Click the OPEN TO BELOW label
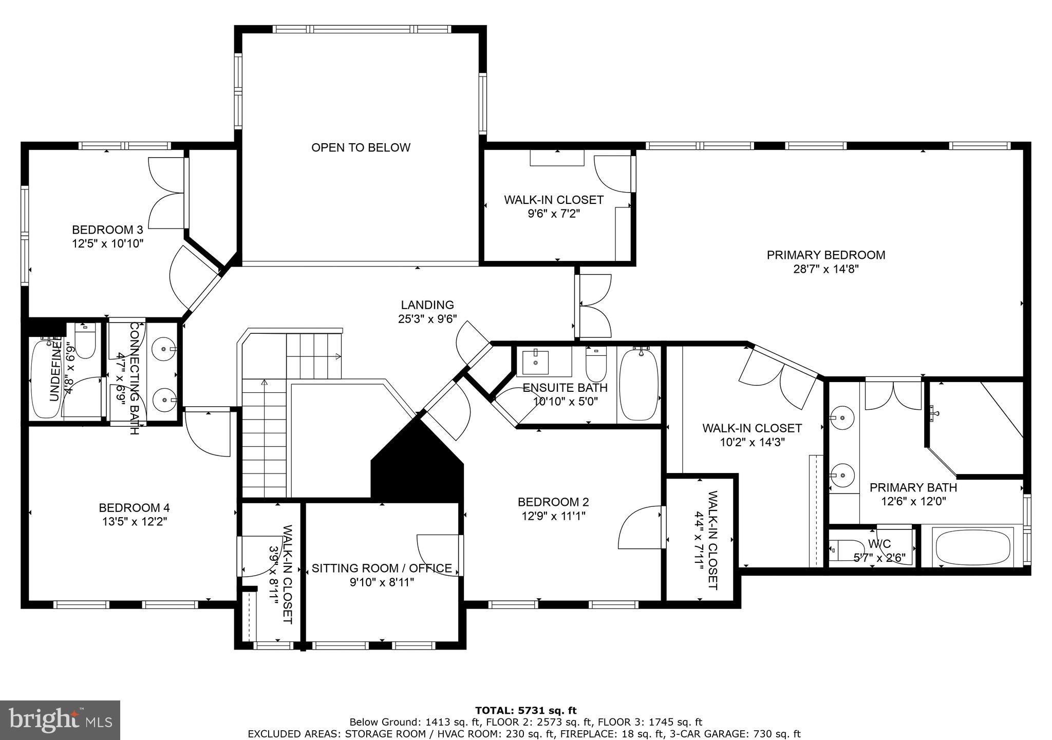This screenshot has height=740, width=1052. click(361, 148)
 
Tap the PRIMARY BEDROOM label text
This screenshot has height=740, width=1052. click(825, 255)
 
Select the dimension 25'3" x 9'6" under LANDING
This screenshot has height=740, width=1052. click(427, 319)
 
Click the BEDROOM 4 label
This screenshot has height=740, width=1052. click(134, 508)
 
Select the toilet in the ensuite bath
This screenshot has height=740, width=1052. click(596, 364)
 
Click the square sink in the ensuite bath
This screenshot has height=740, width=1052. click(535, 362)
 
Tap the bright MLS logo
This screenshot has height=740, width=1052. click(60, 720)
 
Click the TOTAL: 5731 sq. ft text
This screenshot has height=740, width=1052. click(525, 711)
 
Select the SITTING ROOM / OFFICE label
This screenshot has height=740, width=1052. click(382, 568)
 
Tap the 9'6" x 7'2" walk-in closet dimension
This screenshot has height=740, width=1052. click(553, 213)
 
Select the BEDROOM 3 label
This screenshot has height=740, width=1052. click(107, 230)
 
